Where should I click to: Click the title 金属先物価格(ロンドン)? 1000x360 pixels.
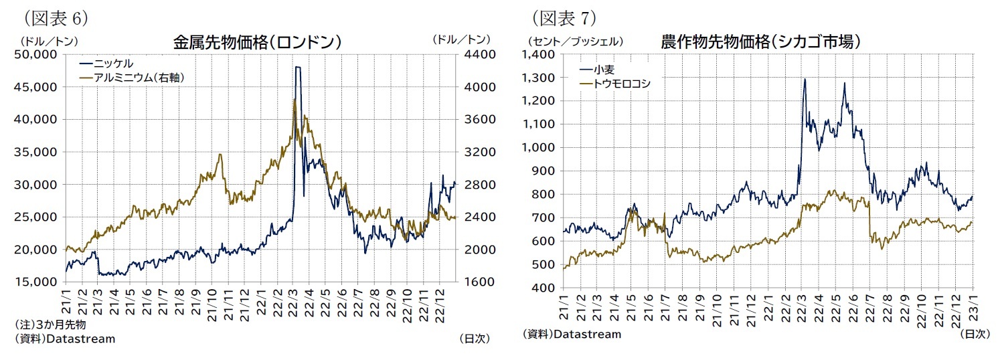pyautogui.click(x=257, y=42)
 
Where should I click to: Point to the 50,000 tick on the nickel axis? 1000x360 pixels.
pyautogui.click(x=37, y=55)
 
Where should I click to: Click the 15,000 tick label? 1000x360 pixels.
pyautogui.click(x=37, y=282)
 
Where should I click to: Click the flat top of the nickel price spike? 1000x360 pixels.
pyautogui.click(x=297, y=67)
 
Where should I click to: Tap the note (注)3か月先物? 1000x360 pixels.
pyautogui.click(x=50, y=325)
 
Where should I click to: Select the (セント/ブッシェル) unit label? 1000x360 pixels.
pyautogui.click(x=575, y=41)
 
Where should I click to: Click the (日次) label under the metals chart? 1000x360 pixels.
pyautogui.click(x=475, y=339)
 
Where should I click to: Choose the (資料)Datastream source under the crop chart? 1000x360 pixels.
pyautogui.click(x=572, y=333)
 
